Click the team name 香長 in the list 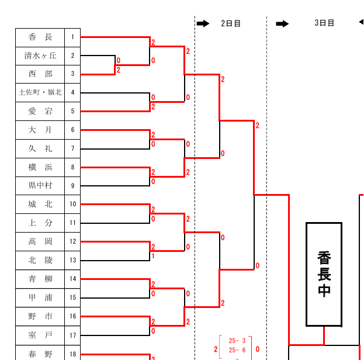point(40,37)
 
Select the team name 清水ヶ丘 point(40,56)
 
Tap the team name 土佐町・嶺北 point(40,92)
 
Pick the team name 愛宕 point(40,111)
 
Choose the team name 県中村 point(40,186)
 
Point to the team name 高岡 point(40,241)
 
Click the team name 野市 point(40,316)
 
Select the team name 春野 point(40,354)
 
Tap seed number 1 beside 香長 point(72,37)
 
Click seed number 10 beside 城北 point(72,205)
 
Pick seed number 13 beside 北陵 point(72,260)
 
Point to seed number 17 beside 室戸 point(72,335)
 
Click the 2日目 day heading point(231,23)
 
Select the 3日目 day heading point(324,23)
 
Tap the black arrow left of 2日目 point(203,23)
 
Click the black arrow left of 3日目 point(282,23)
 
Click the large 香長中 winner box point(324,274)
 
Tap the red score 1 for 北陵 point(153,256)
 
